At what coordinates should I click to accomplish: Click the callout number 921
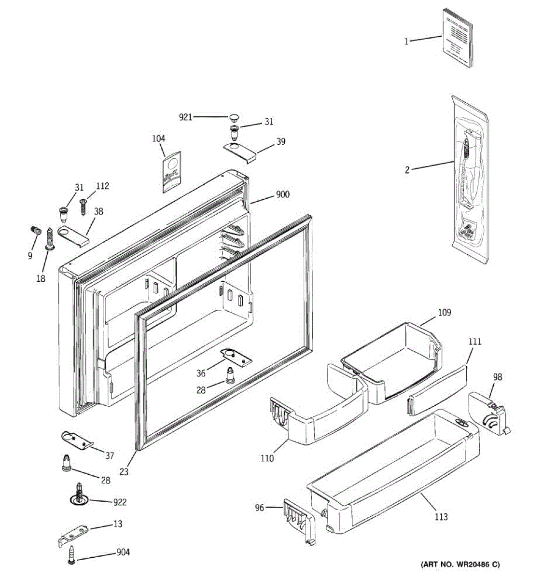click(x=185, y=117)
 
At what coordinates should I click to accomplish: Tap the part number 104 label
click(x=158, y=139)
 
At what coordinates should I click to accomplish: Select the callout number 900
click(x=282, y=195)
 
